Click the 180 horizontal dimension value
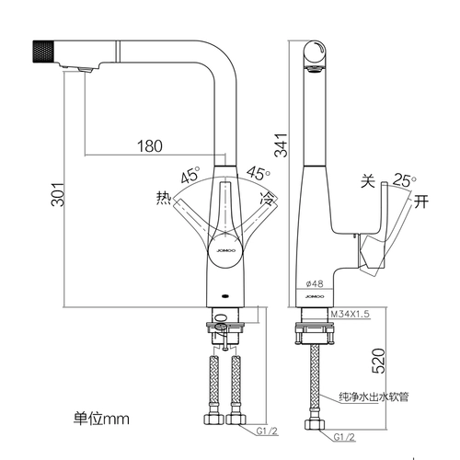[150, 146]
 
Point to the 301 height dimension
[58, 194]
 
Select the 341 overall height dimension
[281, 145]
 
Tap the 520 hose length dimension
[378, 361]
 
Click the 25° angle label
[405, 180]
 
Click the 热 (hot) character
[164, 198]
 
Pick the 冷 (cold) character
[267, 198]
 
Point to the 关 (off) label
[368, 181]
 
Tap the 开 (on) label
[420, 201]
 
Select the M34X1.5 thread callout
[351, 314]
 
